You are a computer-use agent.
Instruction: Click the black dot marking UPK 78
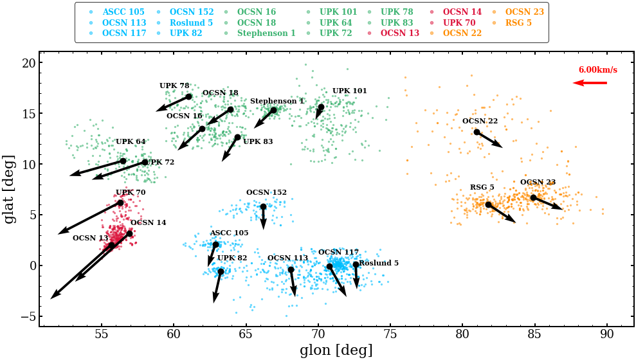(188, 96)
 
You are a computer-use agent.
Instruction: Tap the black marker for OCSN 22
(477, 132)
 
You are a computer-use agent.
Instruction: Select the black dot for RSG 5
(488, 204)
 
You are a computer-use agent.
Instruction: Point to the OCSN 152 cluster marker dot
(263, 206)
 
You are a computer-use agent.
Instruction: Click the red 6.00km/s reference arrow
(590, 83)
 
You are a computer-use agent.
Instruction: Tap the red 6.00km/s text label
(597, 70)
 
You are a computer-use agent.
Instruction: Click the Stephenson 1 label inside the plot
(277, 102)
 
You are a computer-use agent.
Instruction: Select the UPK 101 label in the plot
(349, 91)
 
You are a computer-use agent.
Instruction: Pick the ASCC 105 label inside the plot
(229, 233)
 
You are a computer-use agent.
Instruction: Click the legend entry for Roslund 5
(191, 22)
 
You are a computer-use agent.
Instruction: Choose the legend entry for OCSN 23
(524, 12)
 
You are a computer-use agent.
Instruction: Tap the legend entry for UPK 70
(459, 22)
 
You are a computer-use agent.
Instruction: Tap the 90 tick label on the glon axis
(606, 336)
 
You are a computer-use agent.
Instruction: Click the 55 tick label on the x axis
(101, 336)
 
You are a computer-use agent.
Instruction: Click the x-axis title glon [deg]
(336, 350)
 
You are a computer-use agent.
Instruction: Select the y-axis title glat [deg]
(10, 188)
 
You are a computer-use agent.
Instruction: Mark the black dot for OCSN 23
(533, 197)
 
